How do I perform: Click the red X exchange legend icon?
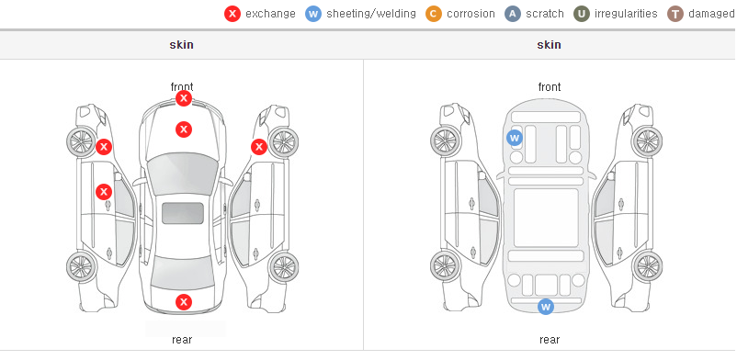pyautogui.click(x=232, y=14)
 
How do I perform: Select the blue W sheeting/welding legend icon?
pyautogui.click(x=313, y=14)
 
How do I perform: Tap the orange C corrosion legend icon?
pyautogui.click(x=434, y=14)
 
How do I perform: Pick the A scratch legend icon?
pyautogui.click(x=513, y=14)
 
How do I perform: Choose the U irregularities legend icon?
pyautogui.click(x=582, y=14)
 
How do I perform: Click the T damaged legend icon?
pyautogui.click(x=675, y=14)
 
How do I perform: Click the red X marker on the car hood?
pyautogui.click(x=184, y=129)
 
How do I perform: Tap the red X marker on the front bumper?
pyautogui.click(x=184, y=98)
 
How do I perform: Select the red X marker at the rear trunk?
pyautogui.click(x=184, y=302)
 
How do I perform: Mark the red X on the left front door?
pyautogui.click(x=104, y=192)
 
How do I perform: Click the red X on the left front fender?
pyautogui.click(x=104, y=147)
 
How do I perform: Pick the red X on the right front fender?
pyautogui.click(x=259, y=147)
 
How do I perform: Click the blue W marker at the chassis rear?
pyautogui.click(x=546, y=307)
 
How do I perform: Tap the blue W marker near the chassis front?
pyautogui.click(x=515, y=138)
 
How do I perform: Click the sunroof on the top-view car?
pyautogui.click(x=183, y=213)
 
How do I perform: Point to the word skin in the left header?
pyautogui.click(x=181, y=45)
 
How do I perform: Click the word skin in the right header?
pyautogui.click(x=549, y=45)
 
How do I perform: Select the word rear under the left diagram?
pyautogui.click(x=182, y=340)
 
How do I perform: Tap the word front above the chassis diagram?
pyautogui.click(x=550, y=87)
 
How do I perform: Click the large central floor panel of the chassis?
pyautogui.click(x=546, y=218)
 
